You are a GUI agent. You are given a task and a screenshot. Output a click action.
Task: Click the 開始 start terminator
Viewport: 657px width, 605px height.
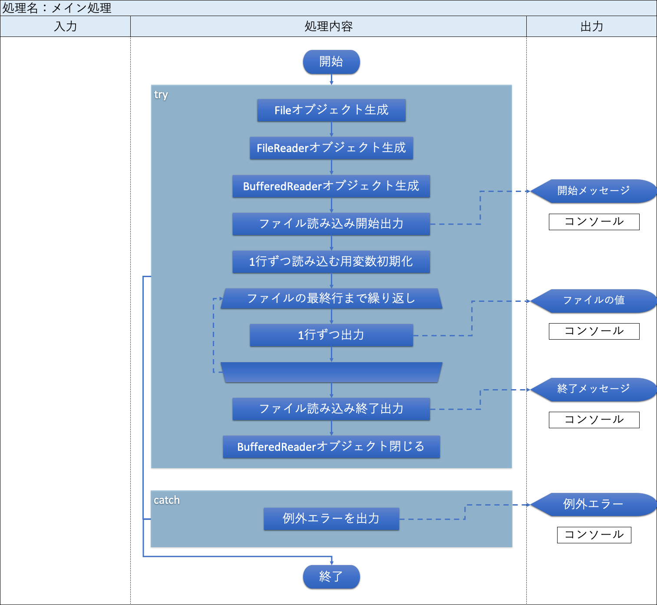331,62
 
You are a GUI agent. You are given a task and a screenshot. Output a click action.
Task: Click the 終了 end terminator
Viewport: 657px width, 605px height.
331,576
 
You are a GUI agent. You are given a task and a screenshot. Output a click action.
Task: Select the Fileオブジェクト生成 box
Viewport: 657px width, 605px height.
331,110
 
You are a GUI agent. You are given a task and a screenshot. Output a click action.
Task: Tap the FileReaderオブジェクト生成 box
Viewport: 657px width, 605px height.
331,148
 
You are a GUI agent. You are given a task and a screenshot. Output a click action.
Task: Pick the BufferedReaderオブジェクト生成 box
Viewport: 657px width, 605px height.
331,186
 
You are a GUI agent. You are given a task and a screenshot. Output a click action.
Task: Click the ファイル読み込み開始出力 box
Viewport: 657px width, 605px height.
331,224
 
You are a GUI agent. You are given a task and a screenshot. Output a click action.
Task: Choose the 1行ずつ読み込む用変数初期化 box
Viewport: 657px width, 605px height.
331,262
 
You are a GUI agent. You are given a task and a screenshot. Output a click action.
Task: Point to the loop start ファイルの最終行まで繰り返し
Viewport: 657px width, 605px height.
331,299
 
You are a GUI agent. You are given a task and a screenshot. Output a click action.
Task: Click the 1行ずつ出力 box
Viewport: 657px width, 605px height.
331,335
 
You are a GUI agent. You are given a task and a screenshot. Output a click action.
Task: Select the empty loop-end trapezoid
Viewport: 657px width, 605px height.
331,373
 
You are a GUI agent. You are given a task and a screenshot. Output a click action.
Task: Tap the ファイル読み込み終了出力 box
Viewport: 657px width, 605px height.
331,409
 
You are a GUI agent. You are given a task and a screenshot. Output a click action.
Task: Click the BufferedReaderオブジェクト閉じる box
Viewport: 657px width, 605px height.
331,447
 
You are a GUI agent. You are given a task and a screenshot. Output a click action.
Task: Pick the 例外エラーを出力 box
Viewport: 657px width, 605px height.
331,519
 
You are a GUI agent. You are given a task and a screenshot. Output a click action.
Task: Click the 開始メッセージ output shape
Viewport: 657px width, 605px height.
593,191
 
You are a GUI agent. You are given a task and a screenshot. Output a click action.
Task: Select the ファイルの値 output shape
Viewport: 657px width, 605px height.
593,301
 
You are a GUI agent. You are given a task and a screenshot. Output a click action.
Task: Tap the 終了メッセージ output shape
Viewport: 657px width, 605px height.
593,389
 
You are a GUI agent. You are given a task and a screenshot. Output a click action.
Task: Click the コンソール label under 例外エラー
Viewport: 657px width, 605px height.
594,535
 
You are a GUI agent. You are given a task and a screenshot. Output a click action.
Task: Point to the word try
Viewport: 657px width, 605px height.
161,95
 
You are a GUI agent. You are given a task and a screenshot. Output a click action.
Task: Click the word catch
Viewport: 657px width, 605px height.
166,500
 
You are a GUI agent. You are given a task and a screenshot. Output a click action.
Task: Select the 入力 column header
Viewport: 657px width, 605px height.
65,26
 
